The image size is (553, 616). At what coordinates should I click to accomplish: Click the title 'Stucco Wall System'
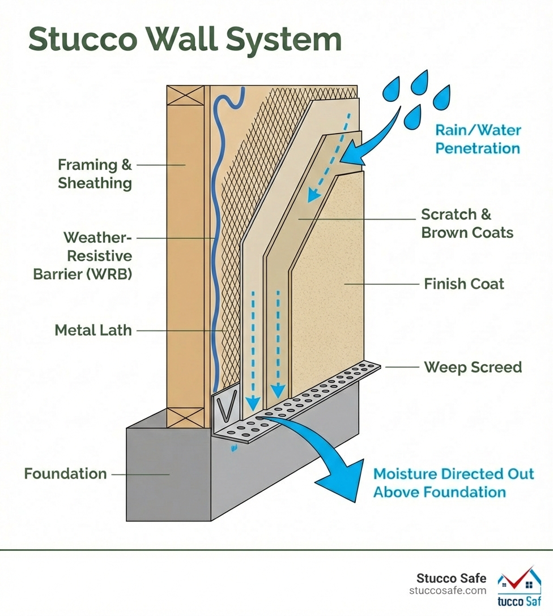point(185,40)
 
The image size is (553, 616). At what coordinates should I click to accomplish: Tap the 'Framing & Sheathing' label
point(95,174)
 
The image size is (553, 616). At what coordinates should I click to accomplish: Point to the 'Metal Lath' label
point(93,330)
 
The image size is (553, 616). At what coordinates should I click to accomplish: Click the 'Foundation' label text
point(65,473)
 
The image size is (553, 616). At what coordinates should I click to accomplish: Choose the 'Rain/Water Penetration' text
point(477,139)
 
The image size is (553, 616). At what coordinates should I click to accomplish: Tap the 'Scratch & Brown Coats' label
point(467,223)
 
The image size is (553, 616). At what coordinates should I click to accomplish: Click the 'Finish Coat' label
point(463,284)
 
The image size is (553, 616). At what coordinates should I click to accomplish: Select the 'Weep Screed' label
point(473,367)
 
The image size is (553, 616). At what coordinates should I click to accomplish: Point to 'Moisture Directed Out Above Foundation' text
point(453,482)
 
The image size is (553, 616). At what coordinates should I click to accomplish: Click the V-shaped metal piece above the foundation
point(224,408)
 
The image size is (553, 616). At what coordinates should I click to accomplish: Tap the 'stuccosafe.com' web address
point(448,591)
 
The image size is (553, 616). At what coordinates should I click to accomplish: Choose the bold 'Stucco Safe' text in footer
point(451,578)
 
